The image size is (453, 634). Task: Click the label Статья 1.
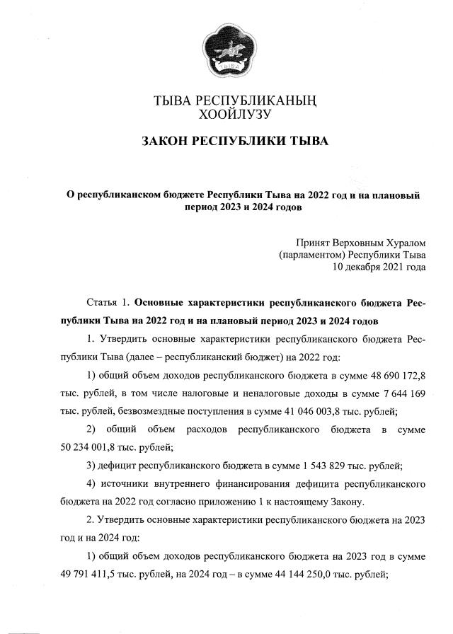(x=105, y=303)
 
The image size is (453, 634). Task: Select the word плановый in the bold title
(x=396, y=195)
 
